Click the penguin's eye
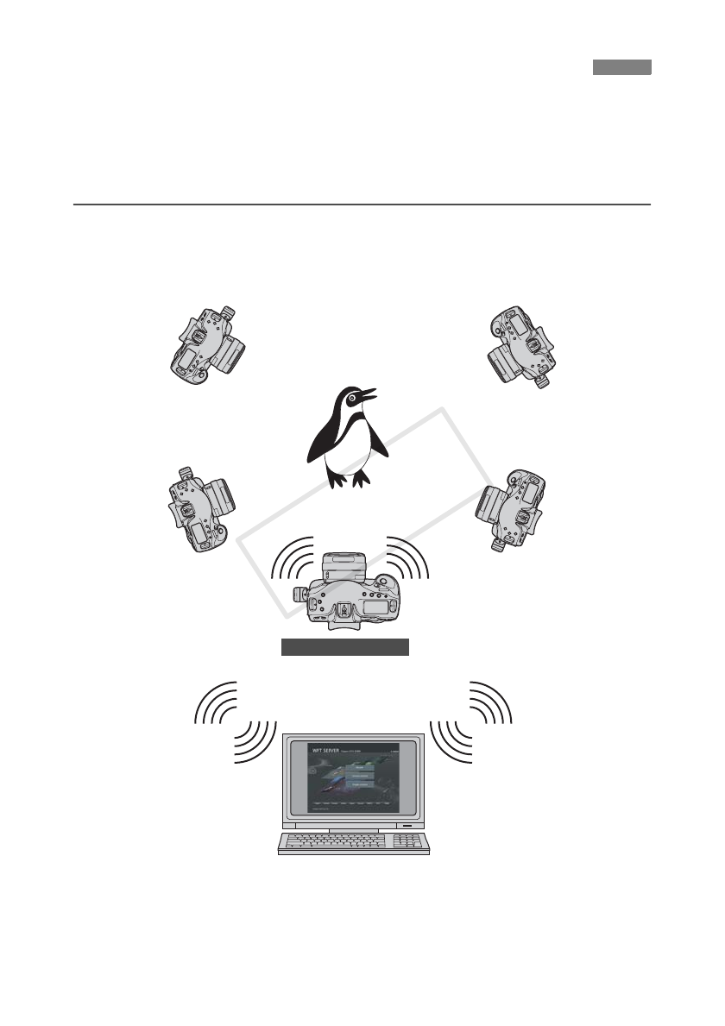[x=355, y=398]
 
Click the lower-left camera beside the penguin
[x=200, y=510]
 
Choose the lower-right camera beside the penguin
[x=514, y=510]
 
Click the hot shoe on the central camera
[x=343, y=612]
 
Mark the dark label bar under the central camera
[x=344, y=648]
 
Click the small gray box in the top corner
[x=621, y=67]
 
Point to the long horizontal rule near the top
[x=362, y=205]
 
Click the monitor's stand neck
[x=353, y=828]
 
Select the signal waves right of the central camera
[x=407, y=561]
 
